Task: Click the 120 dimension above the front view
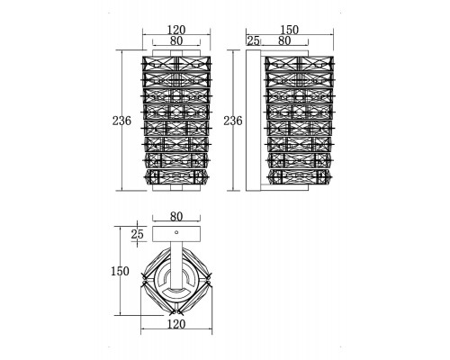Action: click(x=176, y=30)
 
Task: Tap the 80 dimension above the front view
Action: click(x=176, y=40)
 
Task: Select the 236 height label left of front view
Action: click(x=121, y=121)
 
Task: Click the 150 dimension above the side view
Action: click(x=290, y=30)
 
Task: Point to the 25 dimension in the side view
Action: click(x=253, y=40)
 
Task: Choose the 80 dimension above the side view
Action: click(x=284, y=40)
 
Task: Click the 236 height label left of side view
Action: click(x=233, y=121)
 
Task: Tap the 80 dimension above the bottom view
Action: click(x=176, y=216)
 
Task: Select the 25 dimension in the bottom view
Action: click(x=138, y=234)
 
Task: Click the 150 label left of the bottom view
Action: click(x=120, y=271)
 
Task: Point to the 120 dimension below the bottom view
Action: click(x=176, y=324)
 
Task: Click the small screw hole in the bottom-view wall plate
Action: click(x=176, y=232)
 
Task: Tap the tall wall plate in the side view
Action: click(x=253, y=121)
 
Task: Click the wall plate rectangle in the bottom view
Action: click(x=176, y=234)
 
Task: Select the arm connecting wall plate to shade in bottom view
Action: click(x=176, y=264)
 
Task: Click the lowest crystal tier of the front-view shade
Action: click(x=176, y=177)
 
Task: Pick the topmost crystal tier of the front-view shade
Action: click(x=176, y=63)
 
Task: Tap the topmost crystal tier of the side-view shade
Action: click(x=300, y=63)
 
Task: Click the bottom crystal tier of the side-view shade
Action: click(x=300, y=177)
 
